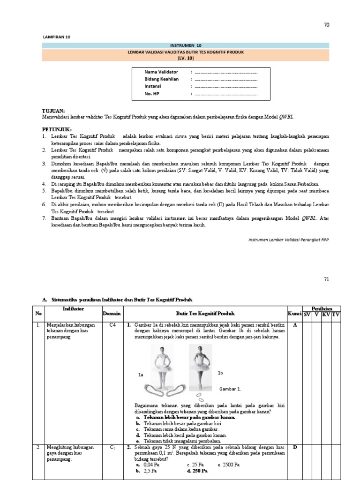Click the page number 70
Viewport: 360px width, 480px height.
[326, 25]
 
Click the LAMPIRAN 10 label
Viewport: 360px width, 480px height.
[57, 37]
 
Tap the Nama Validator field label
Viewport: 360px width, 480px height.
[161, 72]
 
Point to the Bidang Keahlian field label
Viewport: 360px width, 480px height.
[162, 79]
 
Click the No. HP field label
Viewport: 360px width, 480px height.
[152, 94]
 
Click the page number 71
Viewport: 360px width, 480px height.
[326, 279]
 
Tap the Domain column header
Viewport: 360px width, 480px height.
[112, 313]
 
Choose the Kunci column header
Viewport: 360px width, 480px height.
[294, 313]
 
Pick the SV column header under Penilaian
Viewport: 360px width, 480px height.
[307, 314]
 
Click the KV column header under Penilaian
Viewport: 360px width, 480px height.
[326, 314]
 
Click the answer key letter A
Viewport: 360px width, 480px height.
[294, 324]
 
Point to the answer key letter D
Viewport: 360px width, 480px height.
[294, 447]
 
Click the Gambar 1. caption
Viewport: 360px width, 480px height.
[230, 389]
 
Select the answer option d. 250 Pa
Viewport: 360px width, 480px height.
[197, 470]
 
